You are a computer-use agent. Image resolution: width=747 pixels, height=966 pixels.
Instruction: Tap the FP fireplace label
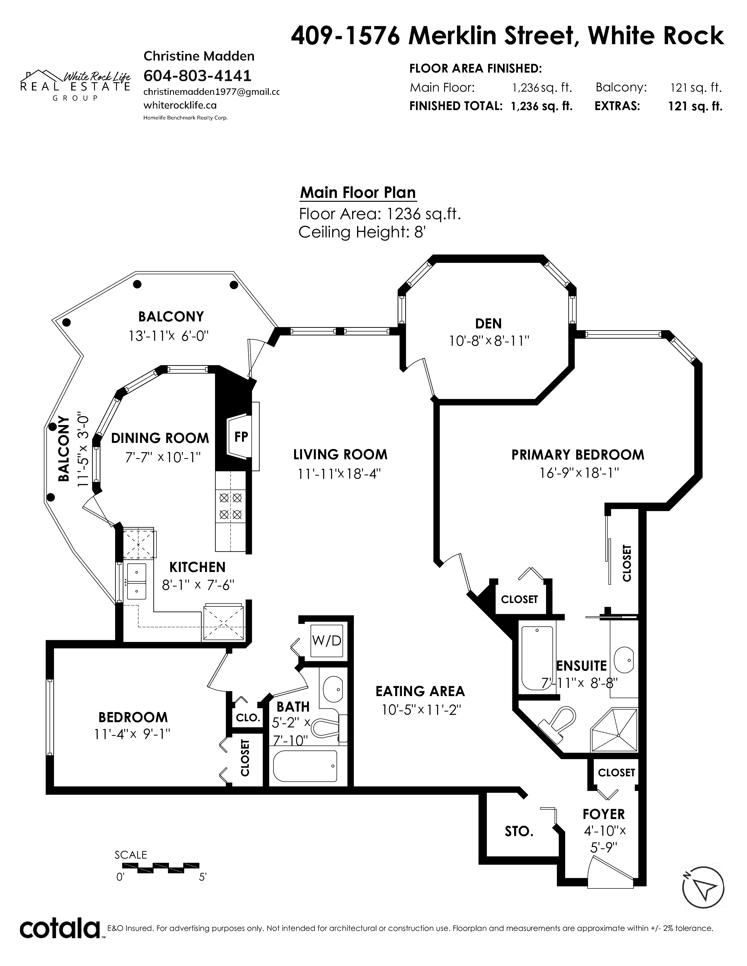(241, 437)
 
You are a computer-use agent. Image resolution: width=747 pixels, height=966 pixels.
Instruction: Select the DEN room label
(489, 323)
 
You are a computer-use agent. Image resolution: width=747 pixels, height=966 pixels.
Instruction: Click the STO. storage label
(519, 832)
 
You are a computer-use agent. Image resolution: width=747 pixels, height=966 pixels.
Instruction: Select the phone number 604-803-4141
(198, 76)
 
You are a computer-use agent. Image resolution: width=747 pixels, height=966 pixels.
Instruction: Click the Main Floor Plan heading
(358, 193)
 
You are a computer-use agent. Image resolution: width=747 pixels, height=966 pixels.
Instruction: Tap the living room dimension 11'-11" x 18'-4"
(340, 474)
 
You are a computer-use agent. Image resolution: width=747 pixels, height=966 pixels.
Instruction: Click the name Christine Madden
(199, 56)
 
